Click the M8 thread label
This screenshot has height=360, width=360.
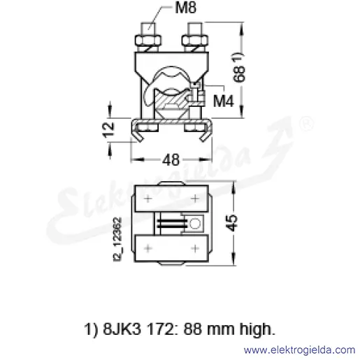[186, 8]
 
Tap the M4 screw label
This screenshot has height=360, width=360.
[223, 101]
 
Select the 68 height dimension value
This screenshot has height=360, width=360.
[239, 73]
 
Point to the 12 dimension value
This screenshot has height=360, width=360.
[109, 129]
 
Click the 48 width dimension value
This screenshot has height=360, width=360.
[171, 160]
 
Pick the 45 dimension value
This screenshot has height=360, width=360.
[231, 223]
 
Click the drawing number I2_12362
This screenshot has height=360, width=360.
[117, 239]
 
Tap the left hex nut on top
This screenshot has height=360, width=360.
[148, 41]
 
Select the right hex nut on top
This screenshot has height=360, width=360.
[195, 41]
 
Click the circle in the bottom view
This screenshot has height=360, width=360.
[195, 224]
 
